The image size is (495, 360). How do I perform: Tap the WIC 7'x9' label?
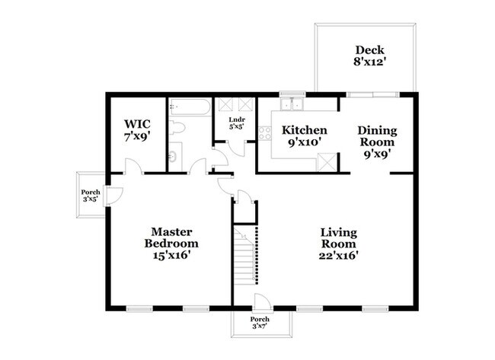click(139, 129)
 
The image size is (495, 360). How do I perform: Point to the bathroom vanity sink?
click(173, 157)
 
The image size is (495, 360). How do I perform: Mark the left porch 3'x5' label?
click(91, 197)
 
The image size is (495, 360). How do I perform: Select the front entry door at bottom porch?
click(260, 301)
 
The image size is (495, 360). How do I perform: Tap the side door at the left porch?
click(113, 196)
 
